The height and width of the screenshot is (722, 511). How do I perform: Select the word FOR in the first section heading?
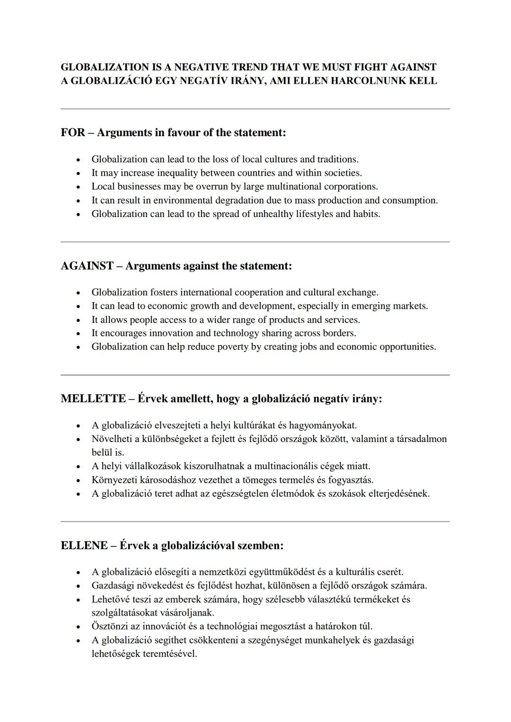pyautogui.click(x=73, y=132)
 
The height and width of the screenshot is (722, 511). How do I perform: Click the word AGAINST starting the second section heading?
pyautogui.click(x=87, y=266)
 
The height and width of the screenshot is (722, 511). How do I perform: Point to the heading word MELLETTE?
pyautogui.click(x=93, y=399)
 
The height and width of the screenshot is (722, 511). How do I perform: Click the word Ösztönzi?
pyautogui.click(x=110, y=626)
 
